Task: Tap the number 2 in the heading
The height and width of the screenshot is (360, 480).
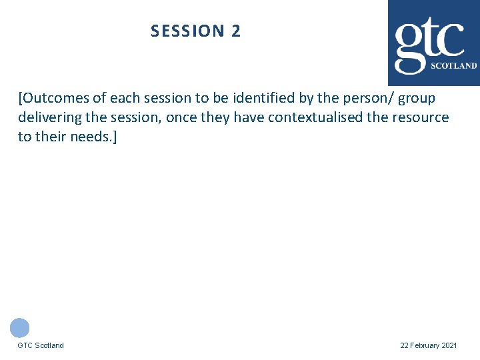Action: click(236, 31)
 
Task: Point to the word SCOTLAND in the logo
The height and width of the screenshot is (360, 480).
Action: click(454, 66)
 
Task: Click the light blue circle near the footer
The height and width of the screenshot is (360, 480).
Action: click(20, 327)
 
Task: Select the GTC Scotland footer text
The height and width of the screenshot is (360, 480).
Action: click(41, 345)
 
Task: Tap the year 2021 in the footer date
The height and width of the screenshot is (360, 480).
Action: click(450, 345)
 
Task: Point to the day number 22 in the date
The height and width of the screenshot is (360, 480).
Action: click(404, 345)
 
